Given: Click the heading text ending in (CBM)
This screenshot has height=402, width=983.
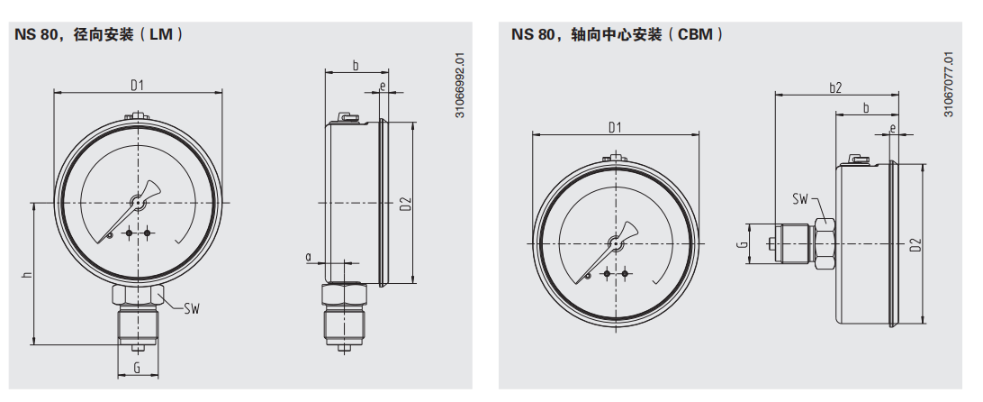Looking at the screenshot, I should pyautogui.click(x=618, y=35).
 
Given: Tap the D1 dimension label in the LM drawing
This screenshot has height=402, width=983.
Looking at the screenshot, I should pyautogui.click(x=138, y=86).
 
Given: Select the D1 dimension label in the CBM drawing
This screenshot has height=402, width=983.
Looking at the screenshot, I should pyautogui.click(x=616, y=127).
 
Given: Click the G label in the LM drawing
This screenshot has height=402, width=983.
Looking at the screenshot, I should pyautogui.click(x=137, y=368).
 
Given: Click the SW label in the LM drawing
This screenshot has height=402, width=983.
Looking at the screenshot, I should pyautogui.click(x=191, y=309).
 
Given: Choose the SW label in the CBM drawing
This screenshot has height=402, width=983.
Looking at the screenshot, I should pyautogui.click(x=799, y=199).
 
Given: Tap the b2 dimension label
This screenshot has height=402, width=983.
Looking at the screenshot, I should pyautogui.click(x=834, y=87).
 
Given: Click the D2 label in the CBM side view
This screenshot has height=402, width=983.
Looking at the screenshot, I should pyautogui.click(x=915, y=244).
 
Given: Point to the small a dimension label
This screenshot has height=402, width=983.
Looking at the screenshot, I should pyautogui.click(x=309, y=257).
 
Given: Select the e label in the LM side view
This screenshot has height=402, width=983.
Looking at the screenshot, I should pyautogui.click(x=383, y=87).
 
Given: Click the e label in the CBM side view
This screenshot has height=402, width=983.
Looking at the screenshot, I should pyautogui.click(x=892, y=129).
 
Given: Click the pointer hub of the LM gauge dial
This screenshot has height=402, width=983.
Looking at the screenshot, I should pyautogui.click(x=138, y=204).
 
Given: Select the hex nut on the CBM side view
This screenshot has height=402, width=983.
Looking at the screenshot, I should pyautogui.click(x=824, y=244).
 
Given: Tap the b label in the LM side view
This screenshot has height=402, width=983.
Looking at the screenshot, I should pyautogui.click(x=355, y=65).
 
